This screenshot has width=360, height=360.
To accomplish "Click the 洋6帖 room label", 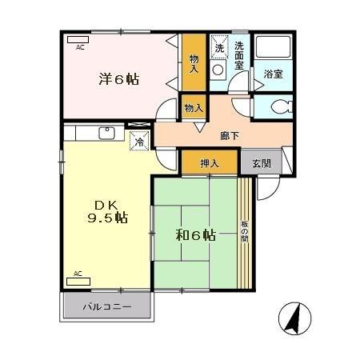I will pyautogui.click(x=118, y=79).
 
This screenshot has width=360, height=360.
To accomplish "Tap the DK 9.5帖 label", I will pyautogui.click(x=106, y=210).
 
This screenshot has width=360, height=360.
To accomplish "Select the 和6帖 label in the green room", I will pyautogui.click(x=195, y=235).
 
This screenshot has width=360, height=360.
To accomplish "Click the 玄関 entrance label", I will pyautogui.click(x=261, y=164).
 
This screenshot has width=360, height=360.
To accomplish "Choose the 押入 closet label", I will pyautogui.click(x=209, y=164).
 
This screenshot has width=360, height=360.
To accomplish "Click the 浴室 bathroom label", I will pyautogui.click(x=273, y=74).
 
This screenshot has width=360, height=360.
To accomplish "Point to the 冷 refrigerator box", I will pyautogui.click(x=139, y=142).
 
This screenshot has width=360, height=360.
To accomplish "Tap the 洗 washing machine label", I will pyautogui.click(x=219, y=48).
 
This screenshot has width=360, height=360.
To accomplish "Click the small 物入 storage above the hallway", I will pyautogui.click(x=193, y=106).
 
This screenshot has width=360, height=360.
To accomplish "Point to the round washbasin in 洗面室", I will pyautogui.click(x=218, y=70).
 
